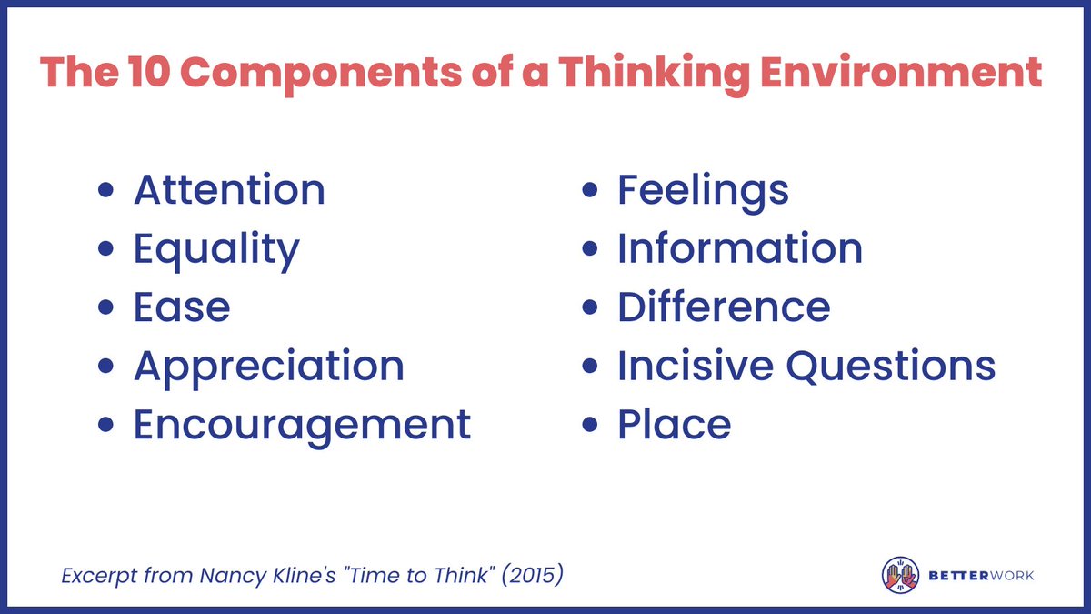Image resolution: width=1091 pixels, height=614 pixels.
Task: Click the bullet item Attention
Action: (x=229, y=190)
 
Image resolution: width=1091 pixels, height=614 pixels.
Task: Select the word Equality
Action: (x=216, y=249)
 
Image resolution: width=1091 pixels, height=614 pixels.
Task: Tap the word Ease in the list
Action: (x=182, y=307)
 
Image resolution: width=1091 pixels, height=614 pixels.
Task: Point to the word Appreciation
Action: (x=269, y=367)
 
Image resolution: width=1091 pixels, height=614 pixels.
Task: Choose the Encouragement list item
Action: (x=302, y=425)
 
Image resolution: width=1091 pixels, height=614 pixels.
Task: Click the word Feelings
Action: (x=703, y=190)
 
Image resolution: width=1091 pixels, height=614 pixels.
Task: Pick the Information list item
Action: (x=740, y=249)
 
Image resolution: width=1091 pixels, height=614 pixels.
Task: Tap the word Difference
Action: (x=724, y=307)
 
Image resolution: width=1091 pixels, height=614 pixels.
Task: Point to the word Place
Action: (x=674, y=425)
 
